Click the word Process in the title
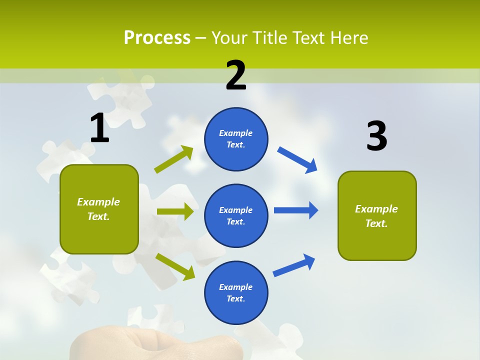tap(157, 38)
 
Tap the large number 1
tap(99, 128)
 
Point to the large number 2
tap(236, 75)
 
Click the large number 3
tap(376, 136)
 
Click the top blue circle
tap(236, 139)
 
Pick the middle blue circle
tap(236, 215)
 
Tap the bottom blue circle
tap(236, 292)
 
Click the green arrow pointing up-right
tap(174, 159)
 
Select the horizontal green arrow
tap(175, 211)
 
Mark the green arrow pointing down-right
tap(175, 266)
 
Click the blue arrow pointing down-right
tap(297, 160)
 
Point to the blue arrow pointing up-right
tap(294, 265)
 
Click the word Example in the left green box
tap(98, 202)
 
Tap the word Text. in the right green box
tap(376, 223)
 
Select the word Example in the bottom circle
tap(235, 287)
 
